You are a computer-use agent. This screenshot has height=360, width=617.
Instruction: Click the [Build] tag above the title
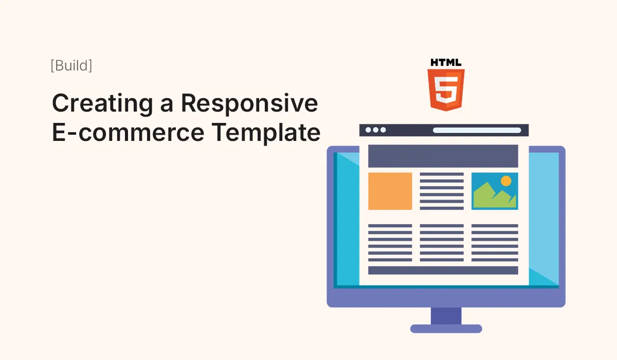71,66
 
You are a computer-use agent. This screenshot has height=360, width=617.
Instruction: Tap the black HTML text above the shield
446,63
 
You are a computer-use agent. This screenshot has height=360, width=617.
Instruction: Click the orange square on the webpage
390,191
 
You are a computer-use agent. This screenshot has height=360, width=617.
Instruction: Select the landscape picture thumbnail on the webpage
495,191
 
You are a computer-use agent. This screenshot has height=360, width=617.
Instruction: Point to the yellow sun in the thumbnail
506,181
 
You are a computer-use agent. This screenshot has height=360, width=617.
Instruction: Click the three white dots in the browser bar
375,130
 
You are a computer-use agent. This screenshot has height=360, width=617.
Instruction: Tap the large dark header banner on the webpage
443,156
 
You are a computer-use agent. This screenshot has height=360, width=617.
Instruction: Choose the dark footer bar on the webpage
443,271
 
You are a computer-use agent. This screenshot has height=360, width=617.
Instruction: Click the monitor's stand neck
446,316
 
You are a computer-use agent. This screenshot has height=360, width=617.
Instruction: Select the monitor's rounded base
446,329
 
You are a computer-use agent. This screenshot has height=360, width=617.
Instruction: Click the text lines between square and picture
442,191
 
